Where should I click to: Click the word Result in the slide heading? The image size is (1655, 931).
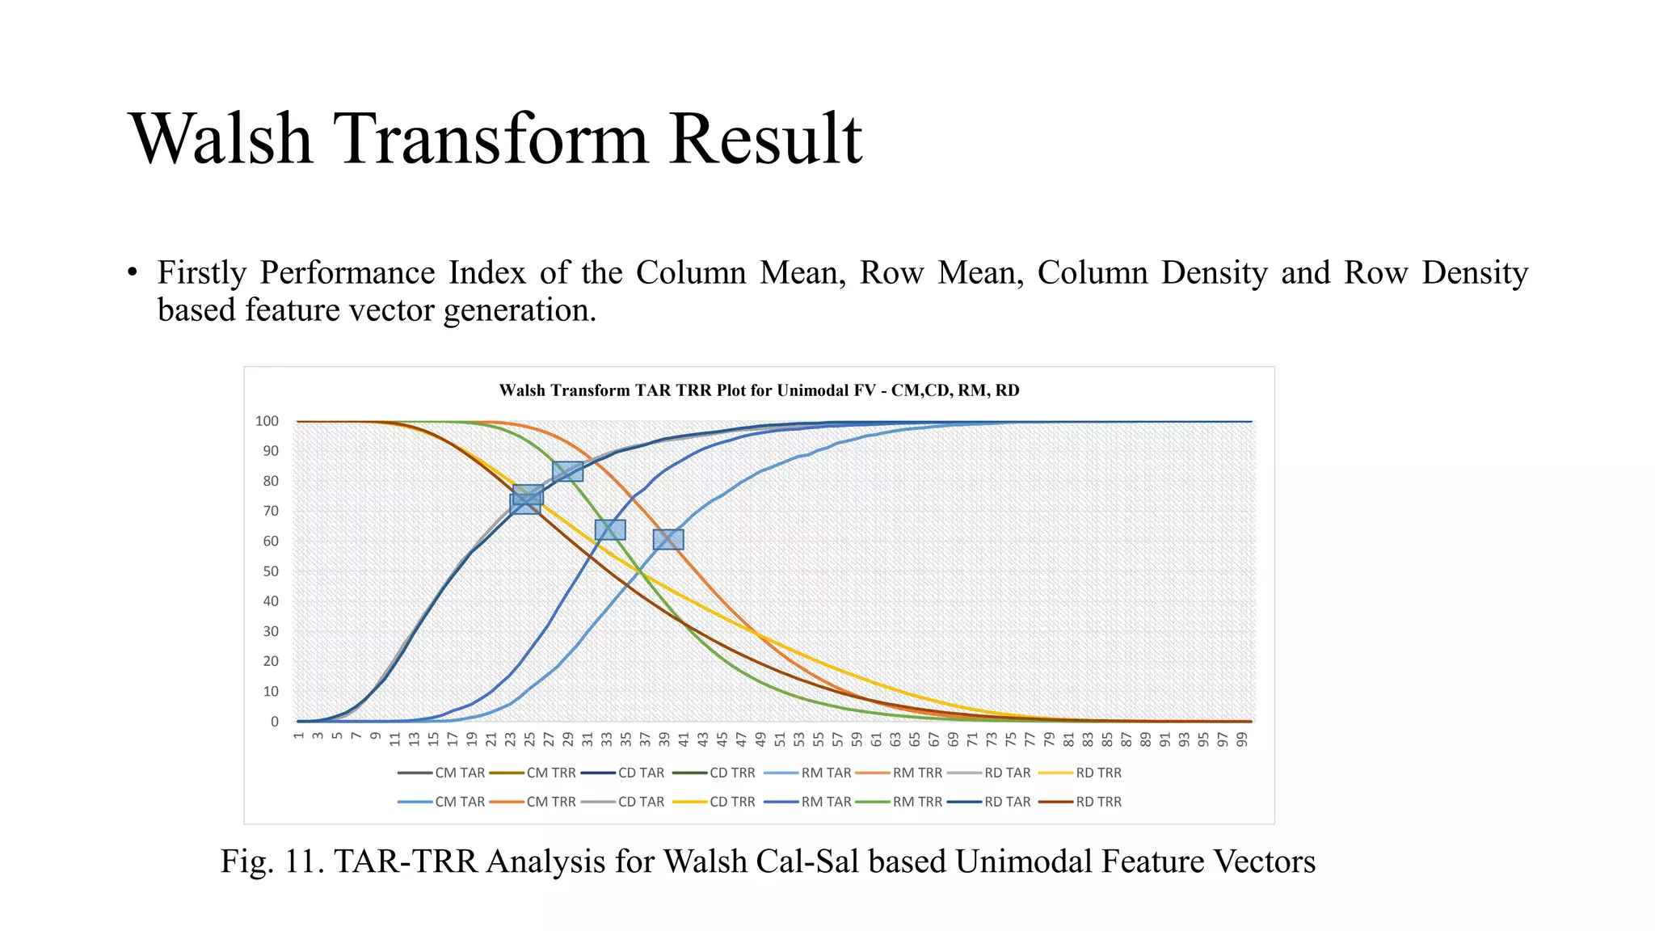point(765,139)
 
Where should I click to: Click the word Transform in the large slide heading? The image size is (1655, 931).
point(491,139)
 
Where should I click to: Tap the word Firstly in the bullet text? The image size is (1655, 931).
point(201,272)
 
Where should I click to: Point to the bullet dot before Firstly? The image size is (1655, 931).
point(133,273)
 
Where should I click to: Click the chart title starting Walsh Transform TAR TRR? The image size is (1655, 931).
point(759,390)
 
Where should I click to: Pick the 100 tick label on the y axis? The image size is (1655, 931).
point(267,421)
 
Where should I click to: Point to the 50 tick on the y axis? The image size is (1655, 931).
point(270,571)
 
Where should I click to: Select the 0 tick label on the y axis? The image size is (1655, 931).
point(275,722)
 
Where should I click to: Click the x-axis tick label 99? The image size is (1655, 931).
point(1242,739)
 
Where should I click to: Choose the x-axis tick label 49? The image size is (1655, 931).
point(760,739)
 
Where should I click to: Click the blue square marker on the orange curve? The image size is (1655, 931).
point(668,539)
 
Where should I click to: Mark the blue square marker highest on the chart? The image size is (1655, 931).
point(567,471)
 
